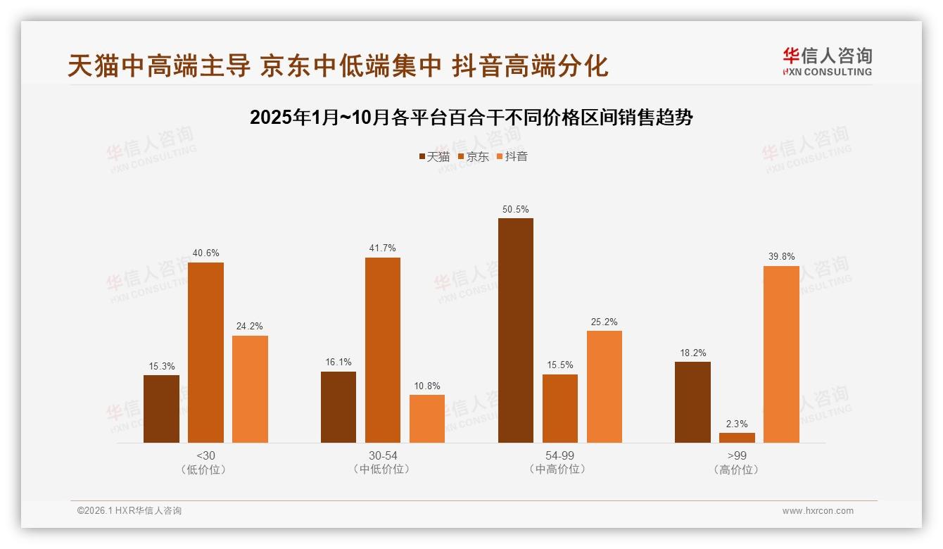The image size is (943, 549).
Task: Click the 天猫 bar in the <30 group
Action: tap(161, 409)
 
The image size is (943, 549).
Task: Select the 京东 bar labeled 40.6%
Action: tap(205, 353)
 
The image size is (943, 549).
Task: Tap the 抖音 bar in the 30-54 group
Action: tap(427, 419)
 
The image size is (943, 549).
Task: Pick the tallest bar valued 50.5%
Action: tap(516, 331)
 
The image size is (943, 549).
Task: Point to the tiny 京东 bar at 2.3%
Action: tap(737, 438)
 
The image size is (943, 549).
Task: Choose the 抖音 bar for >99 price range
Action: tap(781, 354)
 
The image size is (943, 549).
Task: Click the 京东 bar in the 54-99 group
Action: tap(560, 408)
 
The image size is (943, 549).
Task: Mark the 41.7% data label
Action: tap(383, 248)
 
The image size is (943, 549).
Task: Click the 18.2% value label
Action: tap(692, 353)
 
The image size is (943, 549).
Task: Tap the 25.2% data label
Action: tap(605, 322)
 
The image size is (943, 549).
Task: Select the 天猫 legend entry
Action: tap(433, 156)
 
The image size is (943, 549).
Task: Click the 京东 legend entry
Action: tap(473, 156)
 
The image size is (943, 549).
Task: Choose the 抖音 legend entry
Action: tap(512, 156)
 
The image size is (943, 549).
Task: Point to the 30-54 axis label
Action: tap(383, 455)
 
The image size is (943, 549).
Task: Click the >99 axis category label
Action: tap(737, 455)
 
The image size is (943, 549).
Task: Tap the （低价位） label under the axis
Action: tap(205, 469)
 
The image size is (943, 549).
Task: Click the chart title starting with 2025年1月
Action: tap(471, 118)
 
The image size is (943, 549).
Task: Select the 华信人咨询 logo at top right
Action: tap(827, 61)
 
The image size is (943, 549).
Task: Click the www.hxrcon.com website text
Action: tap(818, 511)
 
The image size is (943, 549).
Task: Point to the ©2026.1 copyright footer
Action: tap(129, 511)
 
